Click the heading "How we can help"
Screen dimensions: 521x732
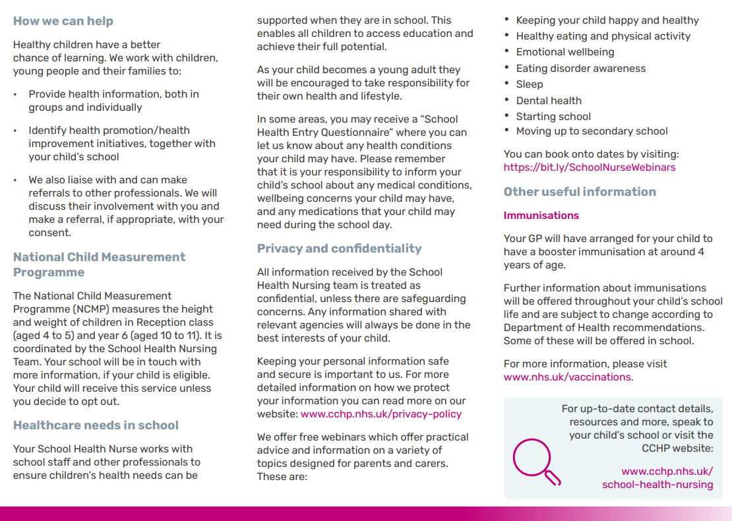click(63, 21)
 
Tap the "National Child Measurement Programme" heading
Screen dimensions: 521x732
click(99, 264)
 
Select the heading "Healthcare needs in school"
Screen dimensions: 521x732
click(96, 425)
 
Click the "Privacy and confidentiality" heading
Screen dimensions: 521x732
click(339, 249)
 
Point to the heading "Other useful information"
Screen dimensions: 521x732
click(580, 192)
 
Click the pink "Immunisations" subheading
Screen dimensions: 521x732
click(541, 216)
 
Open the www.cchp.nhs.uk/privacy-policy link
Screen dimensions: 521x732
click(381, 414)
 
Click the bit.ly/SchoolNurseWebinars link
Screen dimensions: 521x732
click(590, 168)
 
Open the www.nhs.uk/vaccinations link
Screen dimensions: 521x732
click(567, 377)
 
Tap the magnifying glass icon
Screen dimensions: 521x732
click(535, 460)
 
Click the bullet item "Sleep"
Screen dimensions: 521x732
click(530, 84)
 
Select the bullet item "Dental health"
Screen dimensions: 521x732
click(549, 101)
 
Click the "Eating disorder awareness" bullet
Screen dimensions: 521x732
click(580, 69)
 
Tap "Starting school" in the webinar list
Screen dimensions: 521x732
click(553, 117)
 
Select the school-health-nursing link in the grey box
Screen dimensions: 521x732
click(657, 485)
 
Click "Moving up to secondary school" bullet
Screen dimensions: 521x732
click(592, 131)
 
